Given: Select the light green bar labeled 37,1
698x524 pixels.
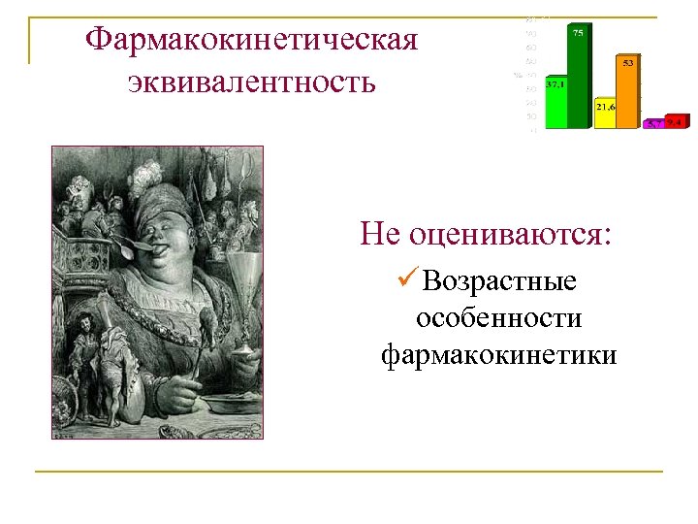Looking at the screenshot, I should point(555,107).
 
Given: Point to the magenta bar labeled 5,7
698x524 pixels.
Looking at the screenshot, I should point(654,123).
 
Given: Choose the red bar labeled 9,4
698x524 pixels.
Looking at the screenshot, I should point(677,122).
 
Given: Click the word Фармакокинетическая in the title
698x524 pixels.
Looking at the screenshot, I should point(251,40).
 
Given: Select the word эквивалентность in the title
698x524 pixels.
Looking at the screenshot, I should point(251,82).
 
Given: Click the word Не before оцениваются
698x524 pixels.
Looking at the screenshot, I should point(380,233).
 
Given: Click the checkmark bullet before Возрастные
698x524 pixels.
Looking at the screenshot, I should point(407,280).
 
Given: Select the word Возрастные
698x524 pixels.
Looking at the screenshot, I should point(500,281).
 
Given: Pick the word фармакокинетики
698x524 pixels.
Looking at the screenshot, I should point(498,355).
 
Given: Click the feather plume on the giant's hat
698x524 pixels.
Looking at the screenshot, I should point(147,176).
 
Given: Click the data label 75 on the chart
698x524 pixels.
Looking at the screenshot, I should point(578,33).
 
